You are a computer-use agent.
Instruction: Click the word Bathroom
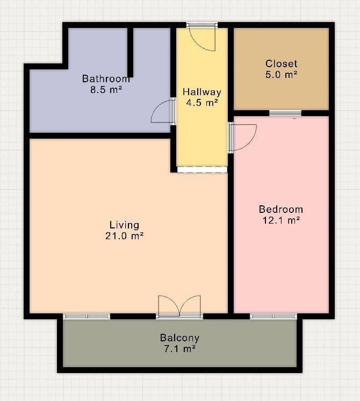click(106, 78)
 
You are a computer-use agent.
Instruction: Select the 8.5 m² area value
click(106, 90)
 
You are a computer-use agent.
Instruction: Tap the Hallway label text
click(201, 92)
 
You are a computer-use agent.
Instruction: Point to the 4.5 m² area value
click(201, 103)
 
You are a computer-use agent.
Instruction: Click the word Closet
click(281, 64)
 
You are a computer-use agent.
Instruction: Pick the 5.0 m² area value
click(281, 75)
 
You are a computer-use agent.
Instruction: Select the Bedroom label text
click(280, 209)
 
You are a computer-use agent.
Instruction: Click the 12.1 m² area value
click(280, 220)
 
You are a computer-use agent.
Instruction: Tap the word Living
click(124, 225)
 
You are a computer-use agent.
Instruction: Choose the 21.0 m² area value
click(124, 236)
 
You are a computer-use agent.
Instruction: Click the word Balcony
click(179, 338)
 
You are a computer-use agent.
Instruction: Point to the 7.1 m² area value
click(179, 349)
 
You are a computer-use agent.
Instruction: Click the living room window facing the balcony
click(87, 316)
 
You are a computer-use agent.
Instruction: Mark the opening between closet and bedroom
click(285, 113)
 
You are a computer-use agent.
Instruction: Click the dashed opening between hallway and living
click(202, 169)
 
